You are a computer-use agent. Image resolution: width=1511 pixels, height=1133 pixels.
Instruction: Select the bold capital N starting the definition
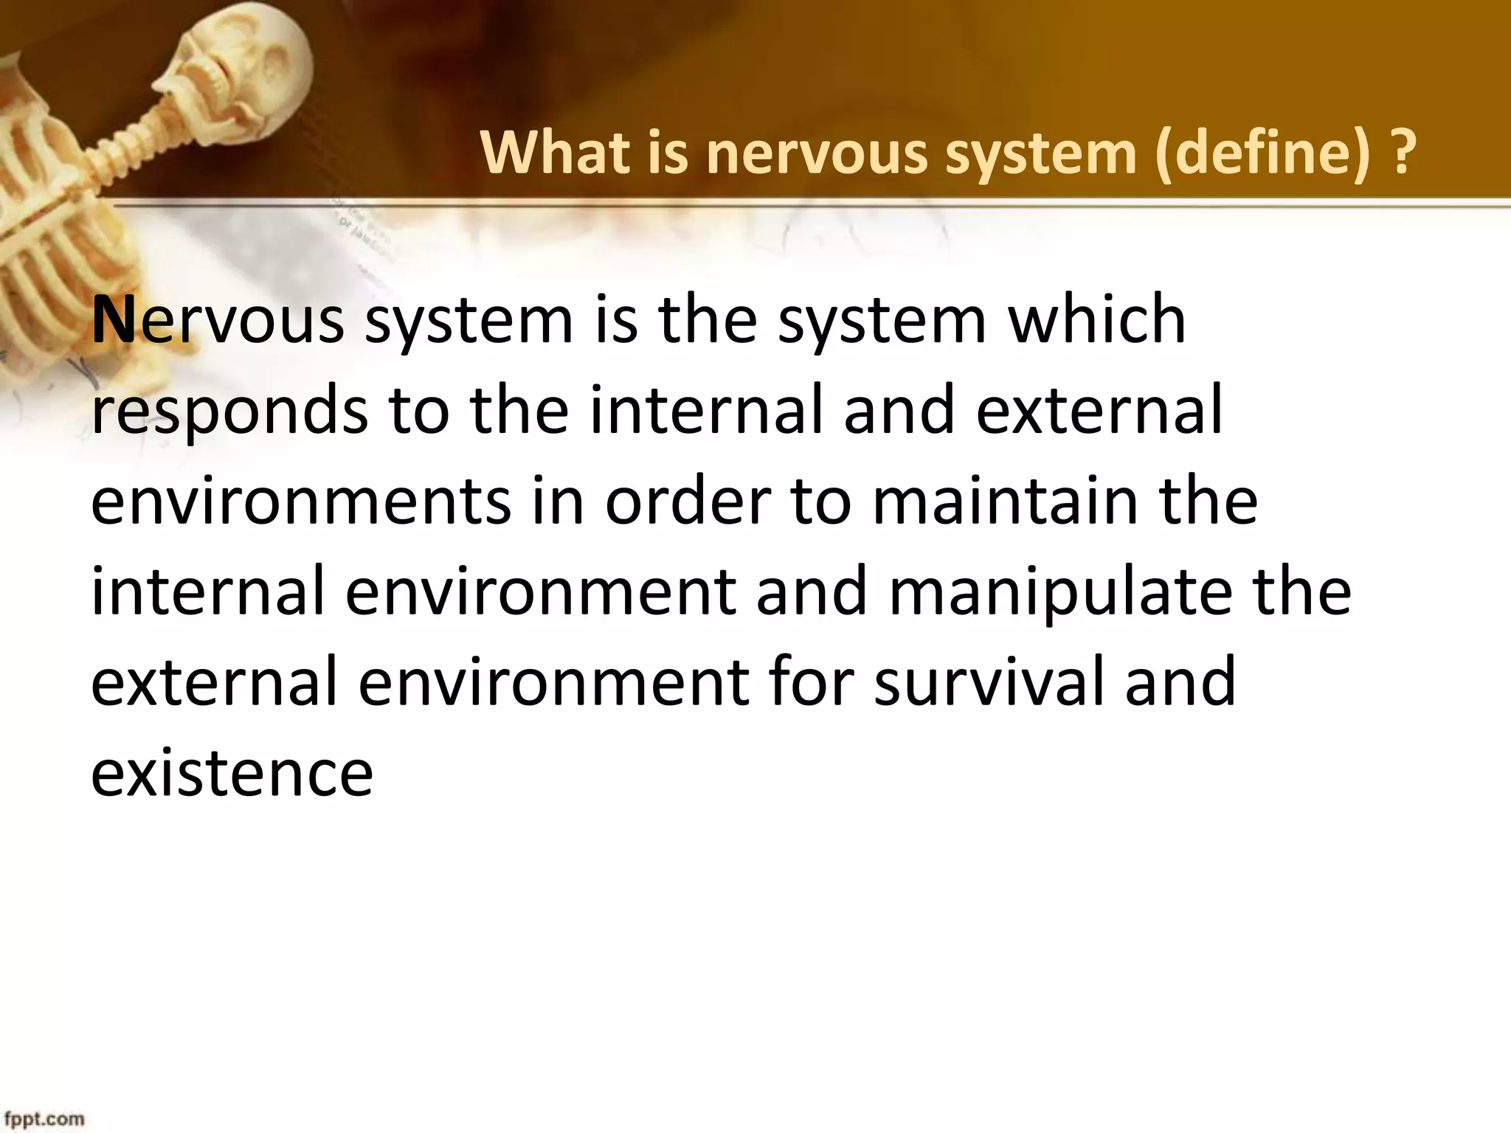[x=114, y=319]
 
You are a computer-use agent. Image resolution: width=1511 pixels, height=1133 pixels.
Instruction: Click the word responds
[x=229, y=410]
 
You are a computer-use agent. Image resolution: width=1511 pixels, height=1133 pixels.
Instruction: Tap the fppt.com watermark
[x=42, y=1119]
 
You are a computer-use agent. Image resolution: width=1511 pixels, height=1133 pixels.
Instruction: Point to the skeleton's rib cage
[x=44, y=236]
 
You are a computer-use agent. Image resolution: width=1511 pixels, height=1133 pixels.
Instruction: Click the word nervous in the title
[x=815, y=152]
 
